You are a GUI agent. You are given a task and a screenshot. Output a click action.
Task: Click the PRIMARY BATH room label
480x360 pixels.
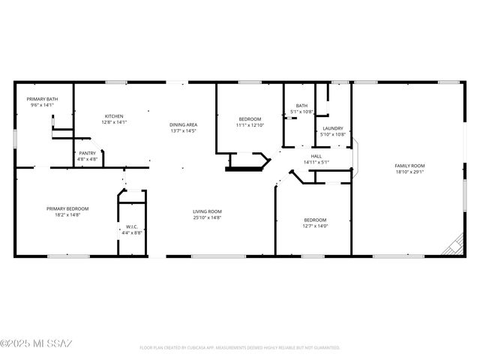coord(43,99)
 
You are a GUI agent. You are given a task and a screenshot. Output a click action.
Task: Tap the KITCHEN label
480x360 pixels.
coord(114,116)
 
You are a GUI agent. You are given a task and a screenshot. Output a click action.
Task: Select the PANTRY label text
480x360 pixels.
coord(87,153)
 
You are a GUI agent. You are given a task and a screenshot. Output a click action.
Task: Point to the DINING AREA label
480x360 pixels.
coord(183,124)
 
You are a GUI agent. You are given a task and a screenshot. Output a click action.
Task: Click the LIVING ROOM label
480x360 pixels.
coord(208,211)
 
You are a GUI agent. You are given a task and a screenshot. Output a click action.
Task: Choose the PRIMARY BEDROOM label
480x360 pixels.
coord(67,208)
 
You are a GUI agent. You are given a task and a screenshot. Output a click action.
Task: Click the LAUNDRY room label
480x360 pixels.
coord(333,128)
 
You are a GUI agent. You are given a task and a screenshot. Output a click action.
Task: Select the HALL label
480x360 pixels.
coord(316,156)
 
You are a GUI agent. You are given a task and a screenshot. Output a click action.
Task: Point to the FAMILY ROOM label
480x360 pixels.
coord(410,165)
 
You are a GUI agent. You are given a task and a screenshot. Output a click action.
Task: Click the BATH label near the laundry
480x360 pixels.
coord(301,106)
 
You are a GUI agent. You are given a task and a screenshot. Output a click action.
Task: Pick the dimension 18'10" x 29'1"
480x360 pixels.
coord(410,172)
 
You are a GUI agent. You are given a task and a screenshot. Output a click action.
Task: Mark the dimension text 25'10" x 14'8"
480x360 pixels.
coord(208,218)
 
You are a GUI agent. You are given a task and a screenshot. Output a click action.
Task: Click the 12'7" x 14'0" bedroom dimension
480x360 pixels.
coord(315,226)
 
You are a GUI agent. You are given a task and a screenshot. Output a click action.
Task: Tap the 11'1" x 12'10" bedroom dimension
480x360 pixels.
coord(250,125)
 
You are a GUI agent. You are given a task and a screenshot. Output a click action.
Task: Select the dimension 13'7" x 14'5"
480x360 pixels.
coord(183,131)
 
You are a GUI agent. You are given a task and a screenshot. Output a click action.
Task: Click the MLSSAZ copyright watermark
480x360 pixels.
coord(36,343)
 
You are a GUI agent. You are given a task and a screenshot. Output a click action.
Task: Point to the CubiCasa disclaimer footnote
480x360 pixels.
coord(240,348)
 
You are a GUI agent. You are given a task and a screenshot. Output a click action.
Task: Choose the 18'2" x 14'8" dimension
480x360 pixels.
coord(67,215)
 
